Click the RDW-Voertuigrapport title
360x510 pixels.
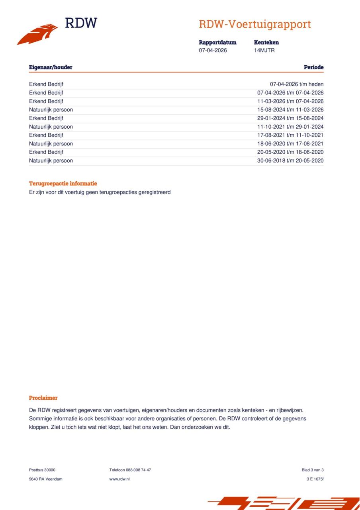coord(255,24)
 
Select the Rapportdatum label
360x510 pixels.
coord(217,42)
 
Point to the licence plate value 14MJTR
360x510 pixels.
coord(264,50)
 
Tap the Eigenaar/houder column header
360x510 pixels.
coord(51,67)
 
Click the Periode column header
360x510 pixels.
coord(313,67)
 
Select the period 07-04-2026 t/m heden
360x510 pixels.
coord(297,84)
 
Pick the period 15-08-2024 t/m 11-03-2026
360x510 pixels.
coord(290,110)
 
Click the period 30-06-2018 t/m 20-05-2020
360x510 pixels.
coord(290,161)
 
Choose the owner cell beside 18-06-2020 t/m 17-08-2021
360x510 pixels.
coord(51,143)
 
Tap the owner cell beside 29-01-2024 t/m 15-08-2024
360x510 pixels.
coord(46,118)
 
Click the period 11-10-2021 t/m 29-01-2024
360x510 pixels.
coord(290,127)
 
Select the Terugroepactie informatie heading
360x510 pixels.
coord(63,183)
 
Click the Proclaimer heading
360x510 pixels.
coord(43,398)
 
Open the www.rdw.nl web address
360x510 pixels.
coord(119,479)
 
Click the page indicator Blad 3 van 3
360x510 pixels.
coord(313,470)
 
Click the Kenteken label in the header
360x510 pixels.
coord(266,42)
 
